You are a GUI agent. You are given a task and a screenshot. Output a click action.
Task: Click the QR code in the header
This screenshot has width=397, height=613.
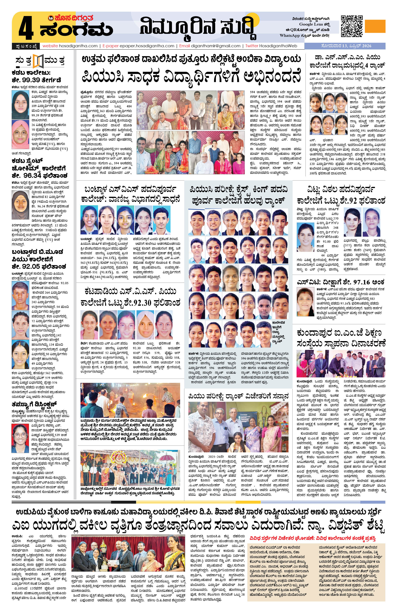pyautogui.click(x=352, y=26)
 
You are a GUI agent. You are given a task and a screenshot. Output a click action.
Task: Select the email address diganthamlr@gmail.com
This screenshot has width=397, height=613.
pyautogui.click(x=216, y=46)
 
